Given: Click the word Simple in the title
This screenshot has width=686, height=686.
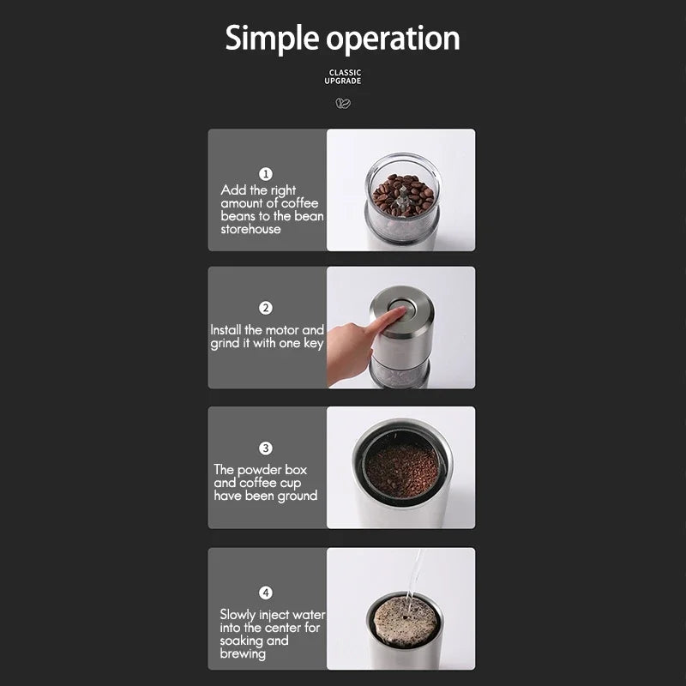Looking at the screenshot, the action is click(272, 39).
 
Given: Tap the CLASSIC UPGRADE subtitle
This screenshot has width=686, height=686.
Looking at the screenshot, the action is click(343, 76).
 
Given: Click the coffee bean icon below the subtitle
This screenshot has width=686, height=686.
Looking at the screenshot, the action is click(343, 103).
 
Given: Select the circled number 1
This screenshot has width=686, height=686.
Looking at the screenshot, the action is click(266, 174).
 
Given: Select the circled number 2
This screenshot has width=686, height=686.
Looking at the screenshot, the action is click(266, 308).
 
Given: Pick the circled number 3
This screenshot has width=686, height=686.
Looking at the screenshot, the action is click(266, 448).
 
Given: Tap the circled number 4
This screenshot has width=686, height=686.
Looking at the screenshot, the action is click(266, 593).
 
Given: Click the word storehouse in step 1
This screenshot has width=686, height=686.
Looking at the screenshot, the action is click(250, 229).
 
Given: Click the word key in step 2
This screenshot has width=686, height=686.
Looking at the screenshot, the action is click(314, 344).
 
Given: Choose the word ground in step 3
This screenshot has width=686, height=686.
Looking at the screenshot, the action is click(298, 496).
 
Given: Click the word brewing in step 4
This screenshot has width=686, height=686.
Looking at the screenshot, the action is click(243, 654).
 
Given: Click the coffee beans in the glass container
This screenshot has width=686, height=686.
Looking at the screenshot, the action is click(402, 195).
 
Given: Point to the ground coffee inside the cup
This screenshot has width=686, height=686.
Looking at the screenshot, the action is click(402, 470).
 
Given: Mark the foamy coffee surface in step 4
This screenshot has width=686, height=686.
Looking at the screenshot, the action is click(405, 621).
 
